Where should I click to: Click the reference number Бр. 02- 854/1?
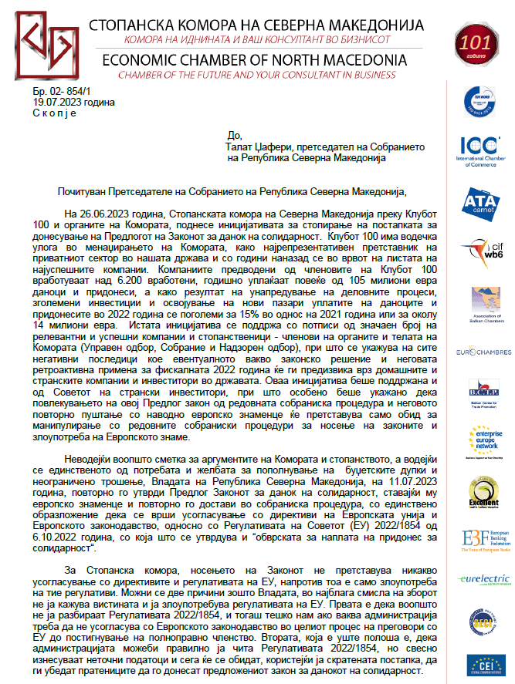click(x=56, y=92)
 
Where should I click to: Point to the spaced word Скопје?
click(x=55, y=113)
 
